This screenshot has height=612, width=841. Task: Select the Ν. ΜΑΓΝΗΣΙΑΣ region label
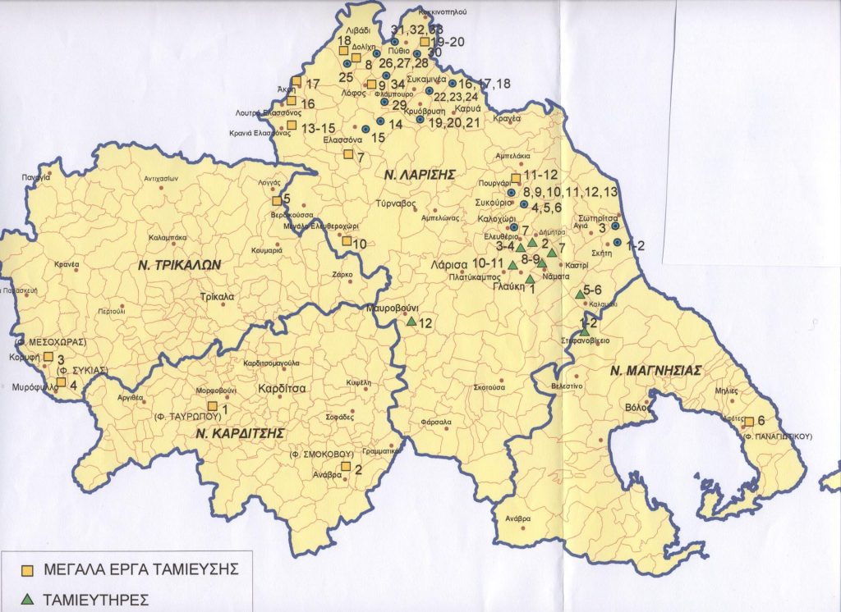click(656, 370)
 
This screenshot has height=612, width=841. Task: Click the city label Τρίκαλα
click(217, 297)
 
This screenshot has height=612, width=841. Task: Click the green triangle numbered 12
click(411, 322)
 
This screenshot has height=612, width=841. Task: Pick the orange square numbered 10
click(347, 241)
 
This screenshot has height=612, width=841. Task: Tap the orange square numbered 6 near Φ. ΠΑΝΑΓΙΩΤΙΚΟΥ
click(748, 422)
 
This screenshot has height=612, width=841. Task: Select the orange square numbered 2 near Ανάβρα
click(346, 467)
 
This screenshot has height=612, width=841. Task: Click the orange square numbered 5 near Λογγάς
click(276, 199)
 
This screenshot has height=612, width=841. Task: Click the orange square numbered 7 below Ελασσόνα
click(348, 154)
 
